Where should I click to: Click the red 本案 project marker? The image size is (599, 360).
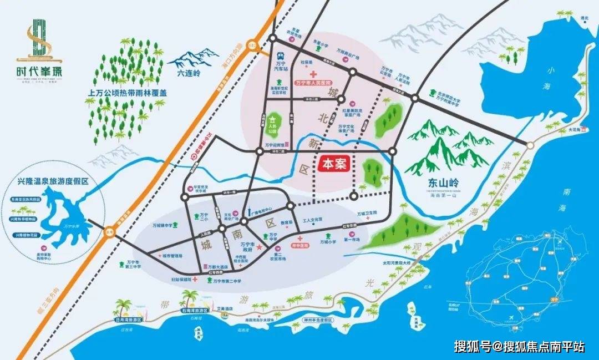336,165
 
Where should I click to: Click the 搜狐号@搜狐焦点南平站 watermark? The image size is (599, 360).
519,347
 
